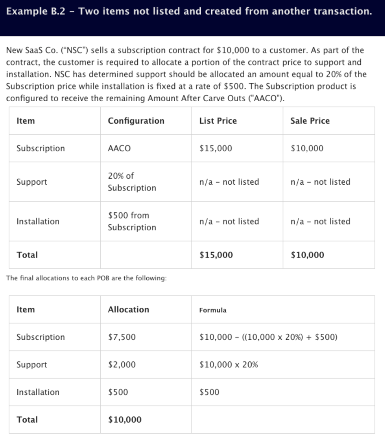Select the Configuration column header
(x=136, y=121)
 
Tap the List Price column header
(x=218, y=121)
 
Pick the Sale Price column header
(x=310, y=121)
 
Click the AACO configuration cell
(x=119, y=148)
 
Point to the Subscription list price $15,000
(x=216, y=148)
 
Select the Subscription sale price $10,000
(x=307, y=148)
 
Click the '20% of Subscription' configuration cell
(x=132, y=182)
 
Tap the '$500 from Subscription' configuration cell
(x=132, y=221)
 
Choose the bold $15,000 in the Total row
(x=216, y=255)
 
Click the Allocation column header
(x=128, y=309)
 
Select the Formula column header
(x=213, y=310)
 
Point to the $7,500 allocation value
(x=122, y=337)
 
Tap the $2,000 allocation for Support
(x=122, y=364)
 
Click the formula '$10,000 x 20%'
(x=229, y=364)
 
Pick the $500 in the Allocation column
(x=118, y=392)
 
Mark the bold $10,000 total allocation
(x=125, y=419)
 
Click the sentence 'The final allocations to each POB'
(x=86, y=278)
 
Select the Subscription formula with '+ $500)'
(x=268, y=337)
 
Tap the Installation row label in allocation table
(x=38, y=392)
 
